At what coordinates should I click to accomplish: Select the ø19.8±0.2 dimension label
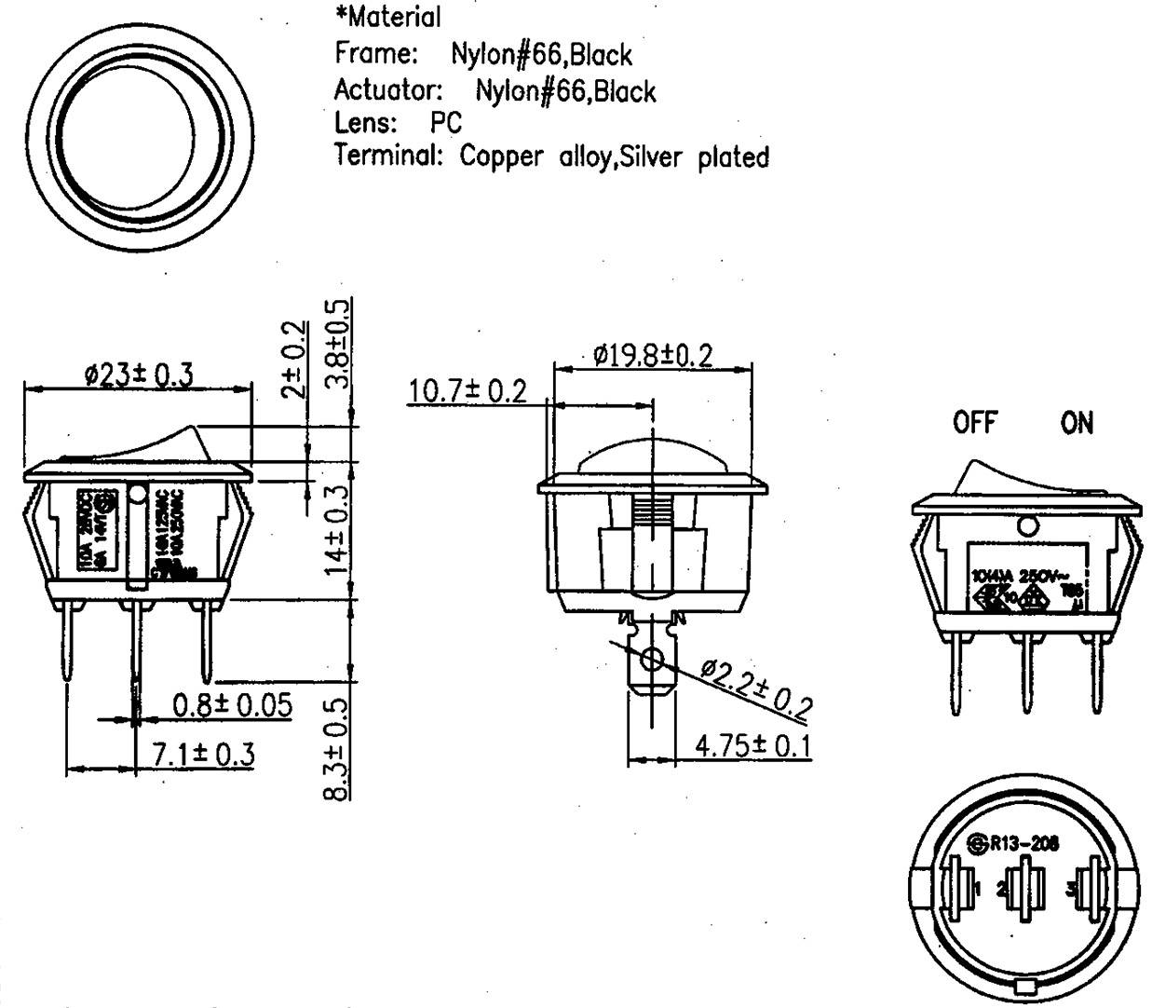[x=653, y=355]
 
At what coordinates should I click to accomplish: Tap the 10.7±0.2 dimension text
[x=468, y=391]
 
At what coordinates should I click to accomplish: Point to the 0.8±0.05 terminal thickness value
[x=232, y=705]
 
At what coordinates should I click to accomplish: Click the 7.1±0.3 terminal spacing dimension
[x=203, y=754]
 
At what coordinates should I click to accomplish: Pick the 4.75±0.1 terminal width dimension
[x=752, y=746]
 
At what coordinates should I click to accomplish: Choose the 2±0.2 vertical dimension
[x=294, y=359]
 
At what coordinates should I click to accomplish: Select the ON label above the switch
[x=1077, y=423]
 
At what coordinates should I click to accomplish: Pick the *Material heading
[x=387, y=17]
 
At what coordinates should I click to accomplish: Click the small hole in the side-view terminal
[x=653, y=661]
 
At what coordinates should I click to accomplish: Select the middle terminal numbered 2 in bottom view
[x=1026, y=888]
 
